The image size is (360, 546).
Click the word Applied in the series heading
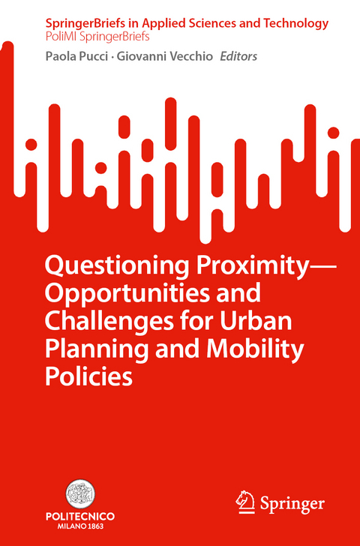click(x=149, y=23)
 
